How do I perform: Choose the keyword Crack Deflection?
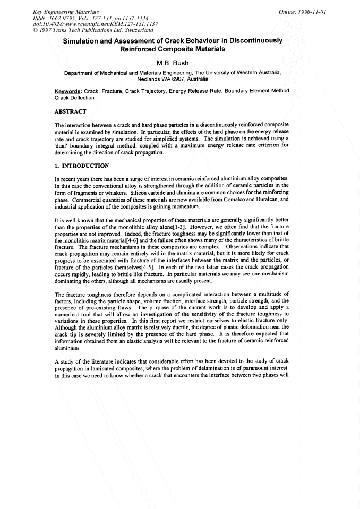pyautogui.click(x=74, y=98)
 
